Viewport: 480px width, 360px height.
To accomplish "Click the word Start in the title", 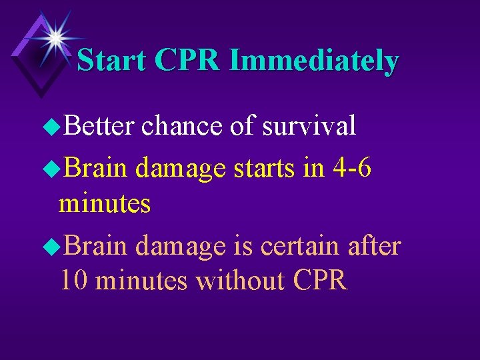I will (113, 61).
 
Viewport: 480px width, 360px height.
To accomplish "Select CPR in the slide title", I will (189, 61).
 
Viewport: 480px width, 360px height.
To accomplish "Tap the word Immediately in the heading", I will (313, 61).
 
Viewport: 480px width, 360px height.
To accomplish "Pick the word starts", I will (265, 170).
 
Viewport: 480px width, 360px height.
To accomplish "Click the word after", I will (375, 246).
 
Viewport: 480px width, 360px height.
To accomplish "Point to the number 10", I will (74, 281).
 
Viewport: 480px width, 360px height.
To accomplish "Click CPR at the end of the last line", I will (319, 281).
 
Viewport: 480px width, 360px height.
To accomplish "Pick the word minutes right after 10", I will (141, 281).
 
